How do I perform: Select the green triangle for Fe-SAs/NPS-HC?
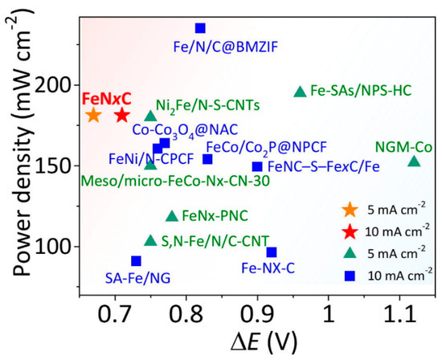tap(300, 92)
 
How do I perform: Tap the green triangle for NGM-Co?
tap(414, 162)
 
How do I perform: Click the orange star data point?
tap(93, 115)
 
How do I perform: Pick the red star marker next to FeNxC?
tap(122, 115)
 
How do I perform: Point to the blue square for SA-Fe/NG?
tap(136, 261)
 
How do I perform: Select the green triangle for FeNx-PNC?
tap(171, 215)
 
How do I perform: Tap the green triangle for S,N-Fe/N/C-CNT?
tap(150, 240)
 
